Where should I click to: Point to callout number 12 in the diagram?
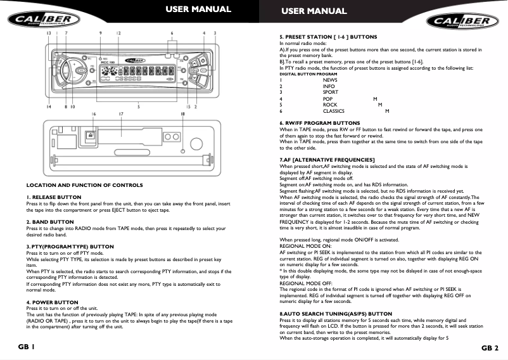tap(118, 32)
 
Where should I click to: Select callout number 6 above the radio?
tap(172, 32)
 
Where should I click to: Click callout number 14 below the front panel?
tap(49, 107)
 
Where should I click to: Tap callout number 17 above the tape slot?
tap(120, 114)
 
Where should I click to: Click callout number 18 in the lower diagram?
tap(183, 114)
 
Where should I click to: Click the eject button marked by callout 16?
tap(92, 135)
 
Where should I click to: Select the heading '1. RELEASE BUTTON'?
tap(54, 197)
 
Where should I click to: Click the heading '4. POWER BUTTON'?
tap(52, 302)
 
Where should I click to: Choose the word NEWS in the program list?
tap(330, 80)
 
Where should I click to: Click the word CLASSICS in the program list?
tap(335, 111)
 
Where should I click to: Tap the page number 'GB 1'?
tap(26, 348)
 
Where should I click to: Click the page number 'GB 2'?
tap(490, 348)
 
